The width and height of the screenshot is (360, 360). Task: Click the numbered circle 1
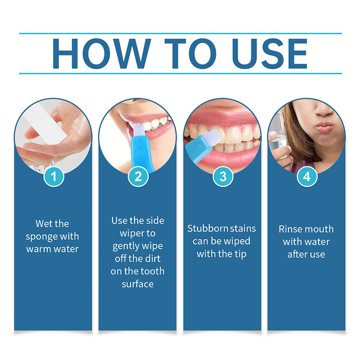pyautogui.click(x=54, y=176)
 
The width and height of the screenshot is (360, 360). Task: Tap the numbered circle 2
pyautogui.click(x=138, y=176)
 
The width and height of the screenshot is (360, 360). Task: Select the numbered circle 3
pyautogui.click(x=223, y=176)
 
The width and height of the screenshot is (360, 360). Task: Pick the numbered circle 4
pyautogui.click(x=307, y=176)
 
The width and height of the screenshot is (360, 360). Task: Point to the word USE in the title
pyautogui.click(x=270, y=54)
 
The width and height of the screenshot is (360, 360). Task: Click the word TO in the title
pyautogui.click(x=190, y=54)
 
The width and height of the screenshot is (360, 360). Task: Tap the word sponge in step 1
pyautogui.click(x=40, y=237)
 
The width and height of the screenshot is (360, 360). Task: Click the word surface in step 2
pyautogui.click(x=138, y=284)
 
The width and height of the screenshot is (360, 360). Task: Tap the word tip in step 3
pyautogui.click(x=240, y=254)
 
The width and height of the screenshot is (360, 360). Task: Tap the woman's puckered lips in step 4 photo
pyautogui.click(x=324, y=127)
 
